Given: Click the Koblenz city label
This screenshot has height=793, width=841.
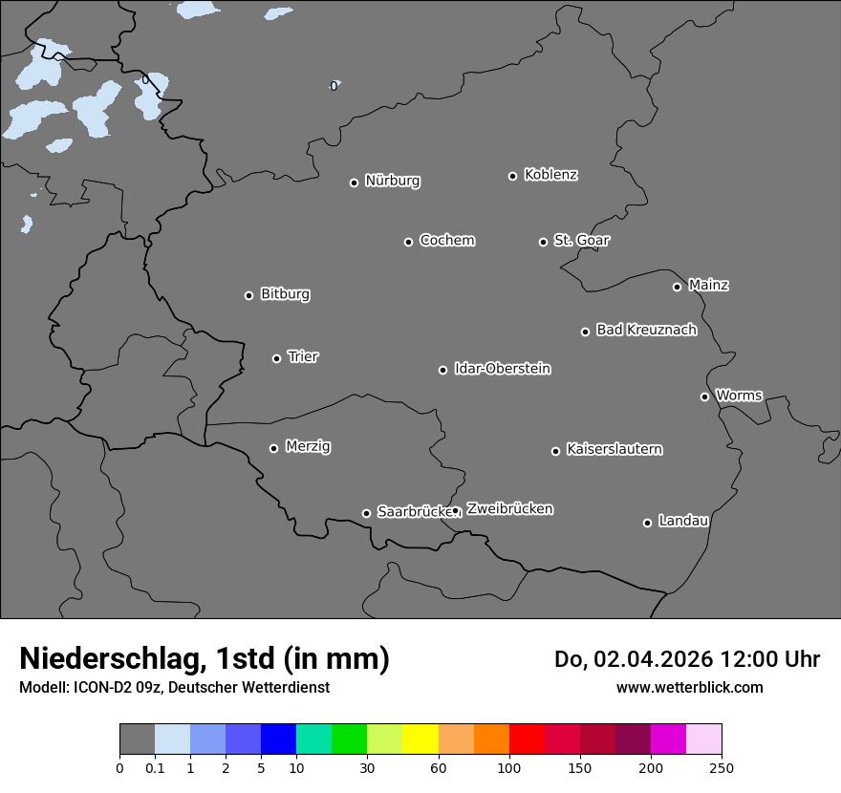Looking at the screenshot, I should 550,175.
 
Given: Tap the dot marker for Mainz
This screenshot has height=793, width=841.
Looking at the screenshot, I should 677,287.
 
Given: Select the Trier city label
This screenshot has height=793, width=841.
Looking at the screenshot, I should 303,356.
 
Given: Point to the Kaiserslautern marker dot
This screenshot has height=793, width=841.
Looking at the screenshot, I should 555,451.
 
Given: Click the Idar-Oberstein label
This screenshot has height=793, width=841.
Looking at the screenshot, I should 502,369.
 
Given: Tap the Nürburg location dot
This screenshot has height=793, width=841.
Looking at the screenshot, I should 354,182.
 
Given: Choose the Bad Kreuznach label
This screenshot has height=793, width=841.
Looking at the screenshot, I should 646,330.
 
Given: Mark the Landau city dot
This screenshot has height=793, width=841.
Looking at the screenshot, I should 647,523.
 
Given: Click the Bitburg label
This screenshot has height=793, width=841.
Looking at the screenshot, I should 285,294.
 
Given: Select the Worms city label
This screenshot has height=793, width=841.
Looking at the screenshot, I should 739,395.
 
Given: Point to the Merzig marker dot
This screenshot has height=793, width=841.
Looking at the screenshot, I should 273,448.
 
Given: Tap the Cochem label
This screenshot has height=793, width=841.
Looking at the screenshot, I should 446,240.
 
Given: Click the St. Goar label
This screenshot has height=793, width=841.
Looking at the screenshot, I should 581,240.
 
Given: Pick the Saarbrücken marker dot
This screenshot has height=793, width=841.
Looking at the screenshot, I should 366,513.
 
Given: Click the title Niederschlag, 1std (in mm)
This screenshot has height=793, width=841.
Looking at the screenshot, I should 205,659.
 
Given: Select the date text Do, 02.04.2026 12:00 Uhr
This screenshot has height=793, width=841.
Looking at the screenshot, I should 687,659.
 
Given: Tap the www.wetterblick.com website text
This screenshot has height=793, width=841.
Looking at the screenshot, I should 689,687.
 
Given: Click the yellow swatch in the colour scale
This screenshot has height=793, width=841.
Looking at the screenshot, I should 420,739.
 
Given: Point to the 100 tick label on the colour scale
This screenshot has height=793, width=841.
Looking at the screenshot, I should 509,767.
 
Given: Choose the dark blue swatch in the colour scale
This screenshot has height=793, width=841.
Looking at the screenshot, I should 278,739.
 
